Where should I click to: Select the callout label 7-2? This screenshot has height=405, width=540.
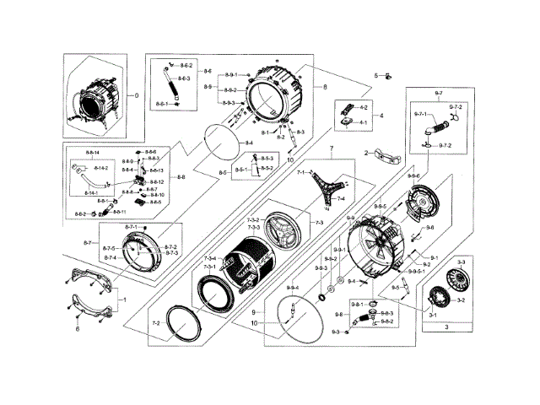click(x=155, y=324)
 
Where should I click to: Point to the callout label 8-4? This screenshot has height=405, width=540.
click(x=250, y=143)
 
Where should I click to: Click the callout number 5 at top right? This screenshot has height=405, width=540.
click(x=376, y=76)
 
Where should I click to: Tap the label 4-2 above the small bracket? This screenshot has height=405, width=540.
click(x=364, y=108)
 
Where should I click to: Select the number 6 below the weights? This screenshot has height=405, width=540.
click(x=79, y=328)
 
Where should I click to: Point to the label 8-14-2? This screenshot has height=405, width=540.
click(x=100, y=169)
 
